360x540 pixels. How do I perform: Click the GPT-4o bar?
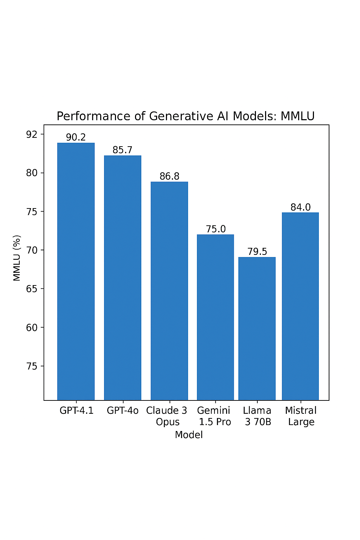coord(123,278)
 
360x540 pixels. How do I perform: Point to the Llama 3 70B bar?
coord(257,328)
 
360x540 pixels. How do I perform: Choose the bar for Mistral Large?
coord(300,306)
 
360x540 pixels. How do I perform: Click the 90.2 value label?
coord(76,137)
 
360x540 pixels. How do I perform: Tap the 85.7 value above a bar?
coord(123,150)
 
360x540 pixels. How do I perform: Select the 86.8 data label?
coord(169,176)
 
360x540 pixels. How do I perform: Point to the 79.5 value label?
coord(257,252)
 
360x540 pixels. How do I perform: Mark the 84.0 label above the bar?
coord(301,207)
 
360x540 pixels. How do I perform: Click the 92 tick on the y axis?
coord(32,134)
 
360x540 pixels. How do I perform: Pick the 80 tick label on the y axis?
coord(32,173)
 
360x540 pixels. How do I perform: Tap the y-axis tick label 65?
coord(32,289)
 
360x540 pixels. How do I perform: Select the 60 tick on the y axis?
coord(32,328)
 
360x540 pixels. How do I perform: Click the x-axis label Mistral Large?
coord(301,416)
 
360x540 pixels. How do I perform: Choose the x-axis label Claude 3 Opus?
coord(167,416)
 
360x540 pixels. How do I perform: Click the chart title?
coord(186,116)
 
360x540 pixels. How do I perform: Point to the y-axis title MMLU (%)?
coord(17,258)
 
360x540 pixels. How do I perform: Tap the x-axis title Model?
coord(189,435)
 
